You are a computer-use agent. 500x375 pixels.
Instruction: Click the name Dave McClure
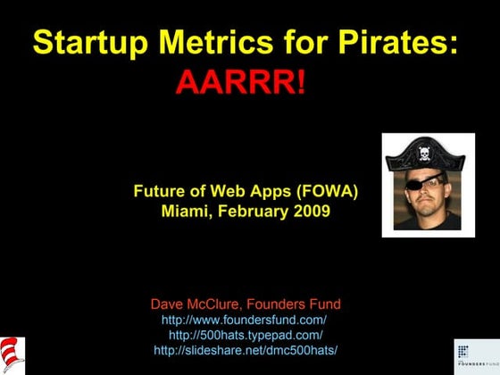[196, 304]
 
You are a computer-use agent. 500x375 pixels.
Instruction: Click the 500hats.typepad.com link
[245, 334]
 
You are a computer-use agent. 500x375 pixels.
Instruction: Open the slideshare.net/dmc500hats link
[245, 349]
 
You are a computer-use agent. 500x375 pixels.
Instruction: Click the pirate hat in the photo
[426, 154]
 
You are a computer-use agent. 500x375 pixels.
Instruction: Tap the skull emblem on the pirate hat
[426, 153]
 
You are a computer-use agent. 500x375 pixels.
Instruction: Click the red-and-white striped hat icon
[12, 354]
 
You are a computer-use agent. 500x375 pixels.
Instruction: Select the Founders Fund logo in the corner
[474, 355]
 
